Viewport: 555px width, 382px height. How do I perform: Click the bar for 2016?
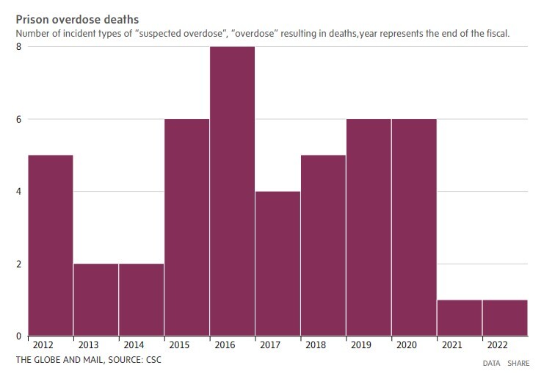[x=232, y=191]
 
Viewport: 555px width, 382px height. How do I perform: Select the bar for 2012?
[x=50, y=245]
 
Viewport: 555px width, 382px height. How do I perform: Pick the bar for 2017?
[x=277, y=264]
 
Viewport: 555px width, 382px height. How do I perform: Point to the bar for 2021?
[x=460, y=317]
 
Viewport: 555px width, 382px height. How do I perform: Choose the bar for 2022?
[x=505, y=317]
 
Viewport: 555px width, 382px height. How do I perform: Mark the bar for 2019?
[x=369, y=228]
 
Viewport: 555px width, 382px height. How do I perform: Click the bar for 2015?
[x=186, y=228]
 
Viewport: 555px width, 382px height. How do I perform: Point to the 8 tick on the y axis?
[x=18, y=47]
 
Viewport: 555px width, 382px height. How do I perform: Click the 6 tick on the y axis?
[x=18, y=119]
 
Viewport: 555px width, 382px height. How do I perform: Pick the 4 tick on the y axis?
[x=18, y=191]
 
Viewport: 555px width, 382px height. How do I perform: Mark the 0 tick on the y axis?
[x=18, y=336]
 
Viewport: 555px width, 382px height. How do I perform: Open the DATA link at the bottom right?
[x=491, y=363]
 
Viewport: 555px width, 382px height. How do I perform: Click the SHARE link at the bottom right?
[x=518, y=363]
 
